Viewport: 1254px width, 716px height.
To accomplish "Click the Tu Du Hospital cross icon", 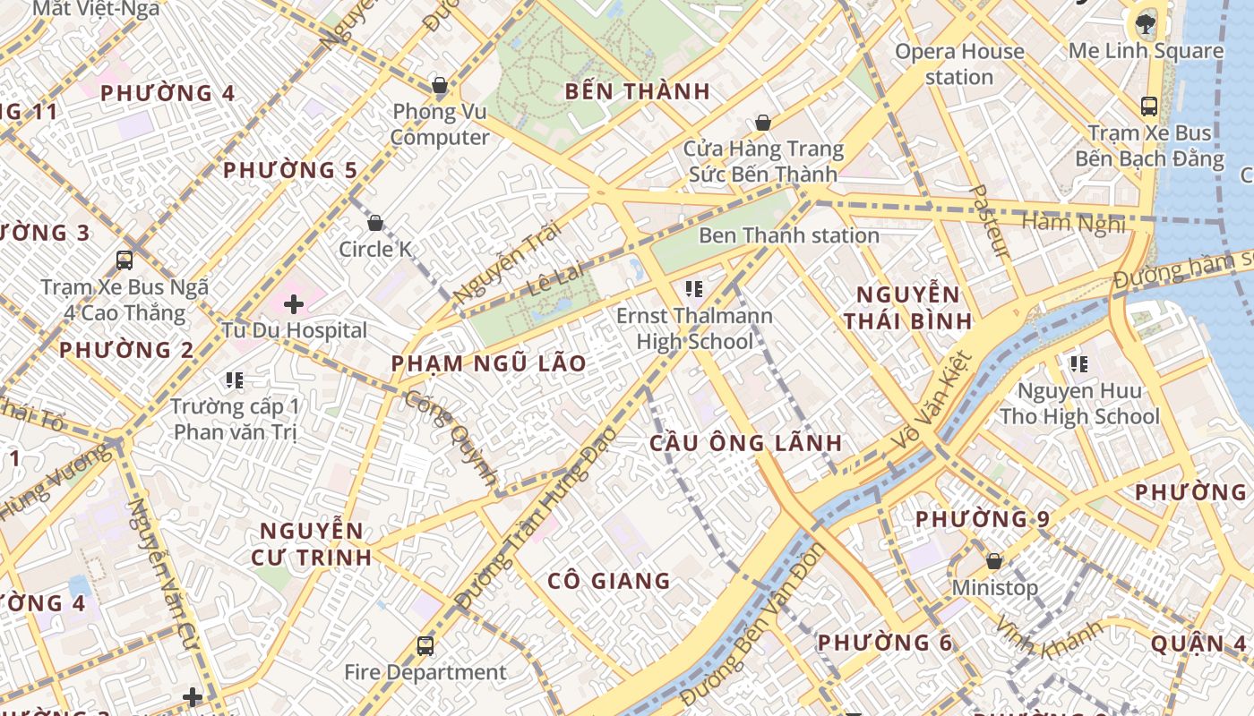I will click(x=294, y=304).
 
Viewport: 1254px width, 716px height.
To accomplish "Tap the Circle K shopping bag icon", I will click(x=375, y=222).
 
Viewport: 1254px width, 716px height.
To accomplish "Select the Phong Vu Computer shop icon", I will click(x=439, y=86).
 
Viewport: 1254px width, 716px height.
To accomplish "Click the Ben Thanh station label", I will click(x=788, y=236).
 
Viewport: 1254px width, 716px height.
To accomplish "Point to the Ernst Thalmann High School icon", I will click(x=693, y=288).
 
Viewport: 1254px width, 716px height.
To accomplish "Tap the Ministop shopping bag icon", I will click(x=993, y=562).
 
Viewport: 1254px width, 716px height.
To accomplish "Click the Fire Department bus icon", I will click(x=425, y=645).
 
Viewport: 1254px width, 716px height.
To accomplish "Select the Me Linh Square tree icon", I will click(x=1145, y=24).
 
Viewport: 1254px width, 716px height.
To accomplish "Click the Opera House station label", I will click(x=959, y=64).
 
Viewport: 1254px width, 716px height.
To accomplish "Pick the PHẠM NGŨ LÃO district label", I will click(x=488, y=363).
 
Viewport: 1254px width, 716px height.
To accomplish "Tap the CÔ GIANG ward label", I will click(x=609, y=581).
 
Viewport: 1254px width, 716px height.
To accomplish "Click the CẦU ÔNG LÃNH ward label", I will click(x=745, y=443).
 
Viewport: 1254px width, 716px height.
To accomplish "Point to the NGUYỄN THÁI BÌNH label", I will click(x=907, y=308).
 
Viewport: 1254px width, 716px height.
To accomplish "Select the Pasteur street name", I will click(x=991, y=221).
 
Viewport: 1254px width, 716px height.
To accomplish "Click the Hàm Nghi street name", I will click(x=1073, y=223).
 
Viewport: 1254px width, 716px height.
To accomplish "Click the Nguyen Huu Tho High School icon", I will click(x=1079, y=363).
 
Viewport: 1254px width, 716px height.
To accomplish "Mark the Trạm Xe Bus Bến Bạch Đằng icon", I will click(x=1148, y=107).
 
